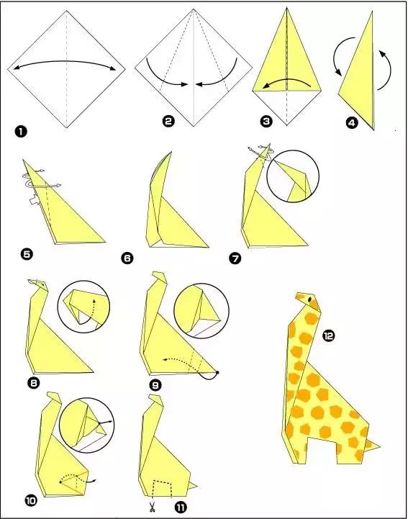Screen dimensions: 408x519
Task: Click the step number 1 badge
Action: click(x=21, y=132)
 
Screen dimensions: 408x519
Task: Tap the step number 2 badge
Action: click(x=168, y=121)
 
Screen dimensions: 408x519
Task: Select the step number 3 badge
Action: click(x=266, y=121)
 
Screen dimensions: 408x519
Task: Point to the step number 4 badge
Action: click(x=352, y=123)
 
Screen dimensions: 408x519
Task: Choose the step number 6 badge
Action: click(x=127, y=258)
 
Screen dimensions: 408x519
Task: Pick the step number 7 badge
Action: click(x=235, y=258)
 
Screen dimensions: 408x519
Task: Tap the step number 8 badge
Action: click(x=33, y=383)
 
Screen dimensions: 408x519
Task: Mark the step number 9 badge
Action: click(x=155, y=385)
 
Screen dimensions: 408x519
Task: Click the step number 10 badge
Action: click(x=30, y=501)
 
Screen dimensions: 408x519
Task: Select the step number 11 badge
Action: click(x=181, y=507)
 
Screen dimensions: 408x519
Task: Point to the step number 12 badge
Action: click(x=329, y=336)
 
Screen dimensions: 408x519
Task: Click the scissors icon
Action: click(x=152, y=507)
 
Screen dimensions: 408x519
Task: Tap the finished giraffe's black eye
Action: click(x=310, y=299)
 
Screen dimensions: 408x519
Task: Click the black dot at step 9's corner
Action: click(x=217, y=373)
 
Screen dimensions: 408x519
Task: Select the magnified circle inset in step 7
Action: click(x=293, y=176)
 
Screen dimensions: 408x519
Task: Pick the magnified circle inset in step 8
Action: click(x=83, y=307)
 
